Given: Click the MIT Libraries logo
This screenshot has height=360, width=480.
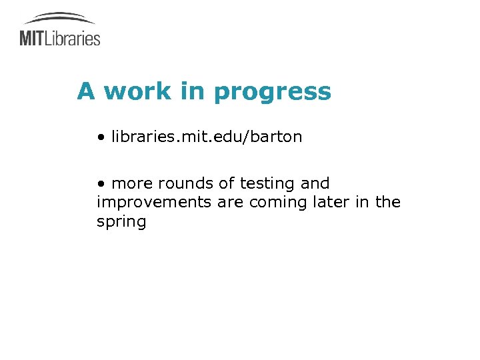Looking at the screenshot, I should (60, 30).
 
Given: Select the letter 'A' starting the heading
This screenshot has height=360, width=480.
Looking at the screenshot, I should (85, 91).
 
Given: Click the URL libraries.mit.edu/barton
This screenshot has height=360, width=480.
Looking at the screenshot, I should (207, 137).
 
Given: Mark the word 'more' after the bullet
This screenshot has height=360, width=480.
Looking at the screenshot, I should (132, 183).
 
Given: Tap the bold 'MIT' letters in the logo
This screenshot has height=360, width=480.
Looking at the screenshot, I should (31, 38).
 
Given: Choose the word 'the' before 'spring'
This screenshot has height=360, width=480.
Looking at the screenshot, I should (387, 202).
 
